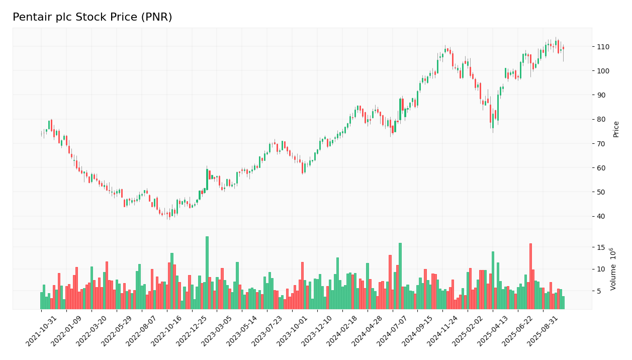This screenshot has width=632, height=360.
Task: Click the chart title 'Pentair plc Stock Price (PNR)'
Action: pos(92,18)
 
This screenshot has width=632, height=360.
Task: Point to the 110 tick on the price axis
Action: pos(603,47)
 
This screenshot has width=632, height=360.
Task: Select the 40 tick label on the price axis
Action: pos(601,216)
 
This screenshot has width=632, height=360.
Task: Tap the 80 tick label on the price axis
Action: pos(601,119)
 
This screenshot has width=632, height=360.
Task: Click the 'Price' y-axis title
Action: pos(616,129)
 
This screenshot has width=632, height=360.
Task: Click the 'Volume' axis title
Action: pos(613,269)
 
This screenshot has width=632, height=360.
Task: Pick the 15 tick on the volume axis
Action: pos(601,247)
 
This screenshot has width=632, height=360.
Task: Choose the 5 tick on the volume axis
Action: pos(599,291)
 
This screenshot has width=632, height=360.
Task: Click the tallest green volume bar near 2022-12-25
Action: pos(207,273)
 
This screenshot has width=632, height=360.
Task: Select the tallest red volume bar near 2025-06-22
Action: pos(530,276)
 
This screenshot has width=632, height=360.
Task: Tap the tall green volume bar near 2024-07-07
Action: pos(400,276)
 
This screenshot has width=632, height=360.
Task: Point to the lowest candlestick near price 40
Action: pos(169,214)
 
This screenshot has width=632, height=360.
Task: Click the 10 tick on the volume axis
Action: pos(601,269)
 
